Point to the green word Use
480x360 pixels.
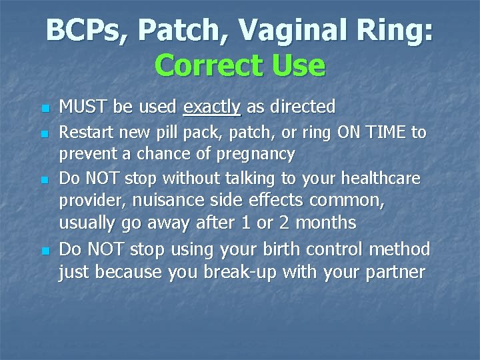click(300, 65)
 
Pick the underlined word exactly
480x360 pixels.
click(211, 107)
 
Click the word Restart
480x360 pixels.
click(85, 133)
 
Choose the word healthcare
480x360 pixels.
click(382, 179)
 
